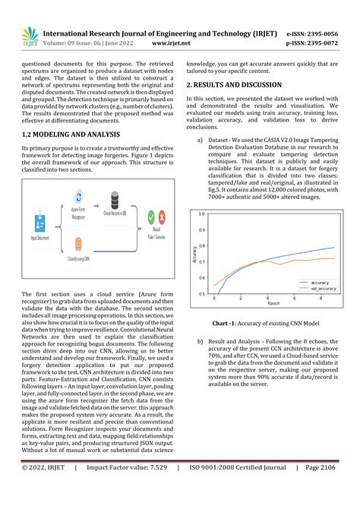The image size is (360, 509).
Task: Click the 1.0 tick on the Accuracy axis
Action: click(x=201, y=214)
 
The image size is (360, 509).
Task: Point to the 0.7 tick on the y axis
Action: click(x=201, y=262)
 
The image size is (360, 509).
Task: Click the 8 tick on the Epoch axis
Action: click(x=320, y=299)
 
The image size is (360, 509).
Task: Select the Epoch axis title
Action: click(x=273, y=305)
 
